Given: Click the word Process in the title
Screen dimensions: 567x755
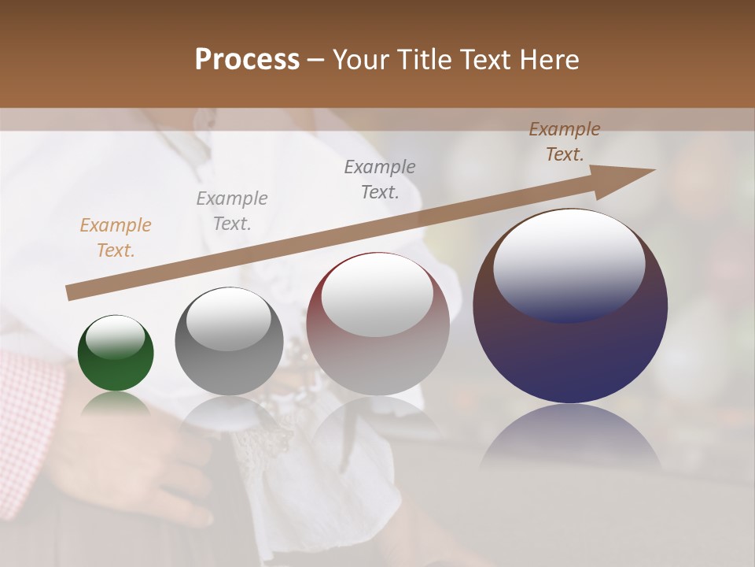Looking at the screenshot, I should click(247, 59).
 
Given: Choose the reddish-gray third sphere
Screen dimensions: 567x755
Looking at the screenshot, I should click(377, 346).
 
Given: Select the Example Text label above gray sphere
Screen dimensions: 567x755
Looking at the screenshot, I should click(231, 210).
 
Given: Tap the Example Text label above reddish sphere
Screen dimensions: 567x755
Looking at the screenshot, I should click(380, 179).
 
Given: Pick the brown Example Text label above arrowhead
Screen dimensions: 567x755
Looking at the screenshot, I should click(565, 142).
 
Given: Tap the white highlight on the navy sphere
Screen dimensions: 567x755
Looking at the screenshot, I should click(569, 264).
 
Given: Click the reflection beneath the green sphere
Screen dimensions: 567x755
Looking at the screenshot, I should click(116, 403).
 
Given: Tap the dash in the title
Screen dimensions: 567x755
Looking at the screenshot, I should click(315, 60).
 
